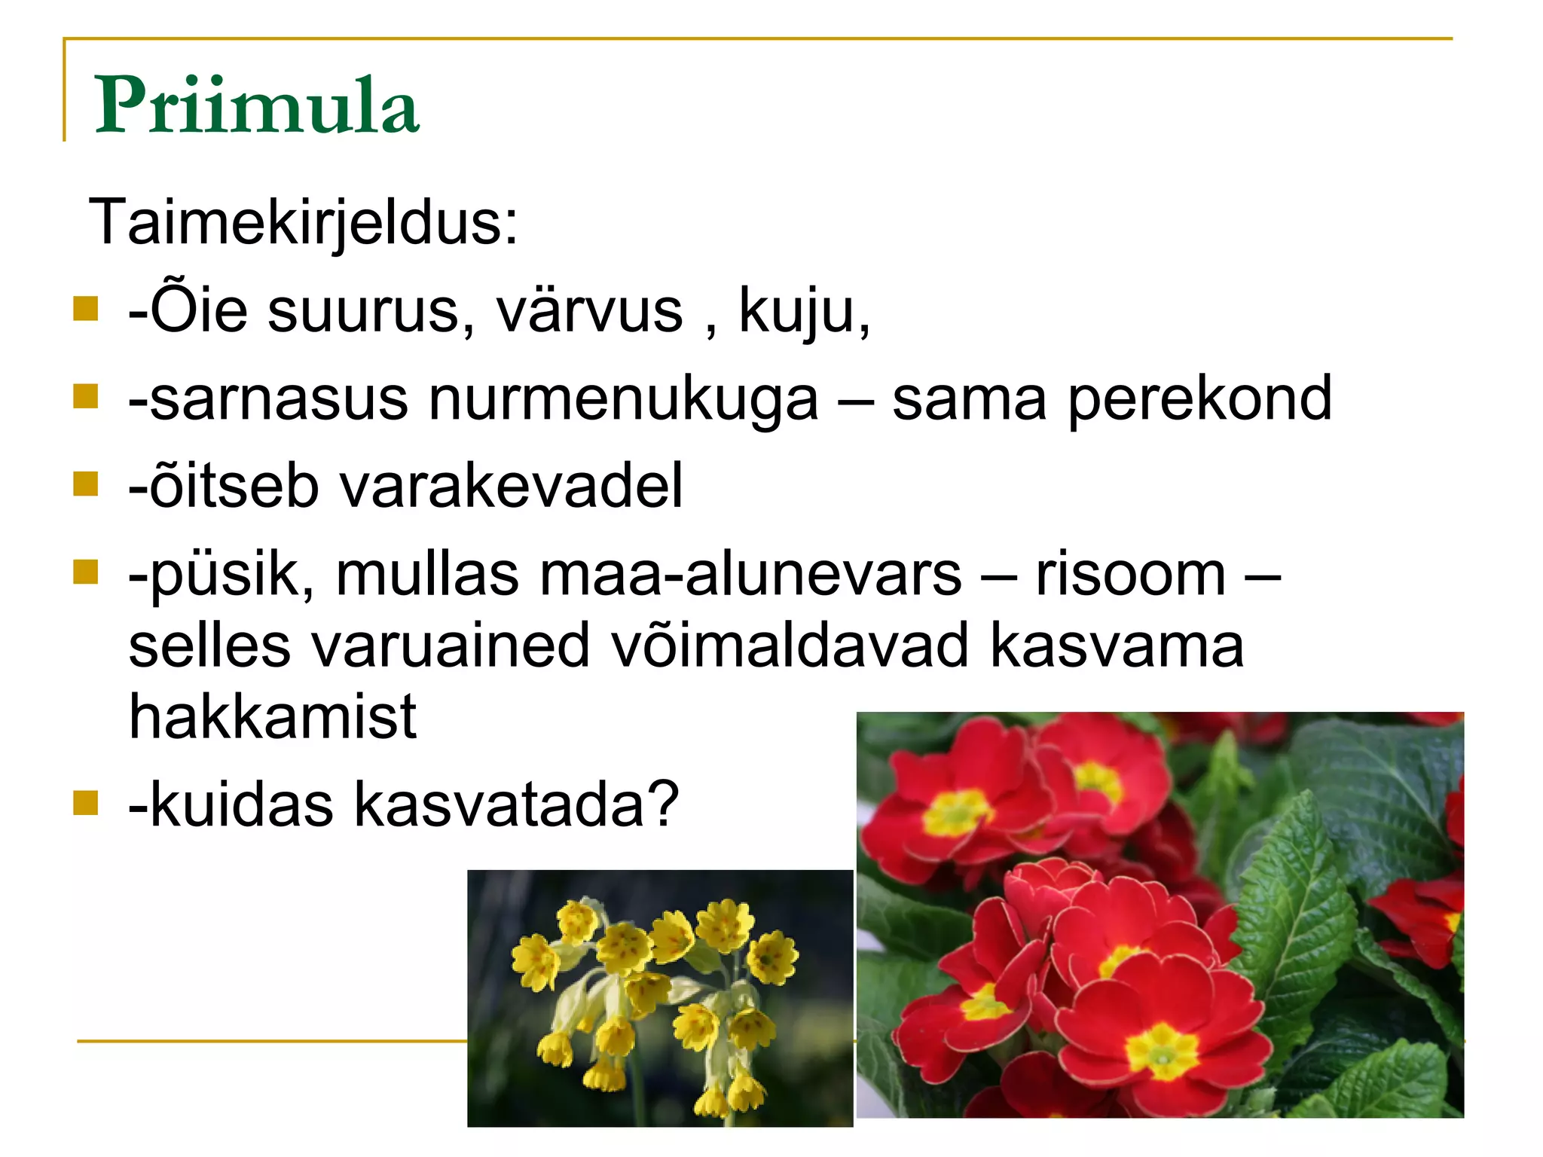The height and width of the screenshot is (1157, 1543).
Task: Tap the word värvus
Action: click(589, 310)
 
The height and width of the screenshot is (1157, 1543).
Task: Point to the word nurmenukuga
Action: click(623, 399)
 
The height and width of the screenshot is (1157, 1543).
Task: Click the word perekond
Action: click(1199, 399)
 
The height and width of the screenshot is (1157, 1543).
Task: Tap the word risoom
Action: click(1130, 575)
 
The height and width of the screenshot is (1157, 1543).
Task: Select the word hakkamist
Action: click(273, 717)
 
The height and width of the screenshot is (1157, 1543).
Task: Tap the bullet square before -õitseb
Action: click(86, 484)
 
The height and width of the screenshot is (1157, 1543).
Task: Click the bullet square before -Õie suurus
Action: click(86, 308)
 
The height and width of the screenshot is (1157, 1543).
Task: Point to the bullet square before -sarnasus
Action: click(86, 396)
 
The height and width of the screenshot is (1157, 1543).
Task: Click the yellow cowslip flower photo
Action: click(660, 998)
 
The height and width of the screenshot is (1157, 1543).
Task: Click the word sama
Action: click(969, 399)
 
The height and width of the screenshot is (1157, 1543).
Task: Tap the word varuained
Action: click(451, 646)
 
